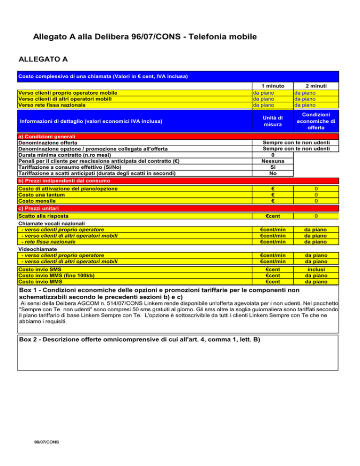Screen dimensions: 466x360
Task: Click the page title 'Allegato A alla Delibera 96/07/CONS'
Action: click(145, 36)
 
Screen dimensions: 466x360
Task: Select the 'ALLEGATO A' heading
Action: click(43, 60)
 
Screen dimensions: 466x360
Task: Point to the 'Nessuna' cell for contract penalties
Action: click(273, 161)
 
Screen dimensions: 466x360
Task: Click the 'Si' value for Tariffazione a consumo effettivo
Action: click(273, 167)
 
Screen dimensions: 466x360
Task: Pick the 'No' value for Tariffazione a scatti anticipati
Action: click(273, 173)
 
